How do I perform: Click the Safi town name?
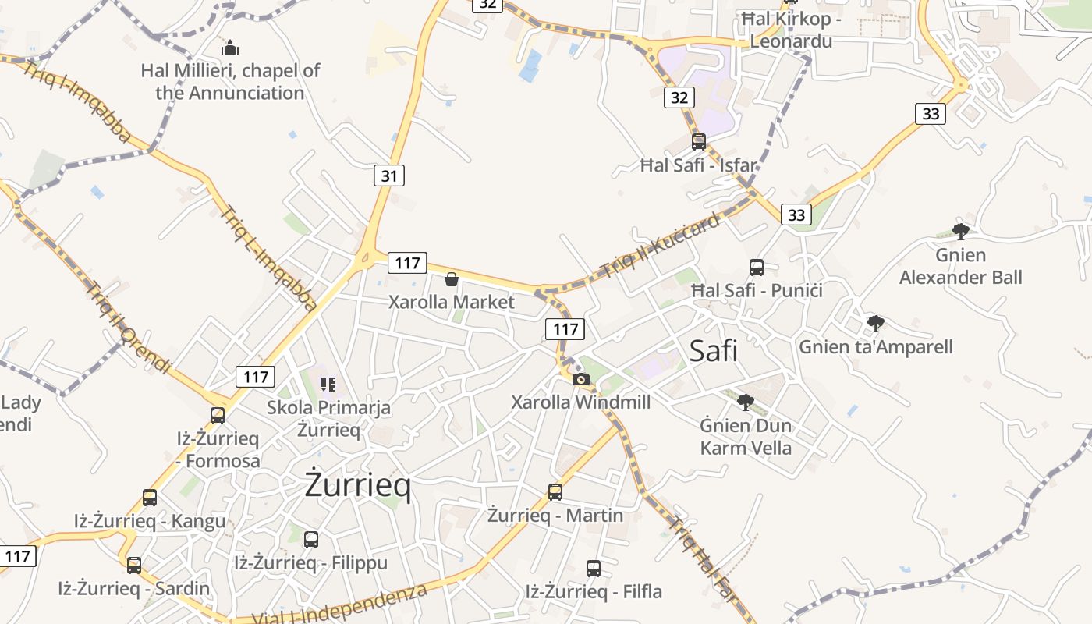[x=713, y=351]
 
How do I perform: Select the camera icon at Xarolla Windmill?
[x=581, y=379]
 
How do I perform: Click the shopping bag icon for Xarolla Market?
[x=451, y=279]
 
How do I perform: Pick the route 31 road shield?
[x=389, y=175]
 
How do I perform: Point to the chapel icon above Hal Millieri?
[x=230, y=48]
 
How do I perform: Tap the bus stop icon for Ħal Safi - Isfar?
[x=699, y=141]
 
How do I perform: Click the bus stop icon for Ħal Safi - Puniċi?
[x=756, y=268]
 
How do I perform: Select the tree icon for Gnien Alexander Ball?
[x=960, y=231]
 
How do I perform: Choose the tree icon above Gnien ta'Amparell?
[x=876, y=323]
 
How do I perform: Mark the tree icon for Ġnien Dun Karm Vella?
[x=746, y=402]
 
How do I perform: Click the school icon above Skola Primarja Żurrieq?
[x=328, y=384]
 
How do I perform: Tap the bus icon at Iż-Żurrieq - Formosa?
[x=218, y=415]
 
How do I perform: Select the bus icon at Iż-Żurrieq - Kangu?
[x=149, y=498]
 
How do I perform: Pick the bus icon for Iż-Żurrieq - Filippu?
[x=311, y=539]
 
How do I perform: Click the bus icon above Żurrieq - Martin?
[x=555, y=491]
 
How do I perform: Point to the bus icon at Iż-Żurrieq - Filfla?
[x=594, y=568]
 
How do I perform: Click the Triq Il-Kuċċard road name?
[x=660, y=246]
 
